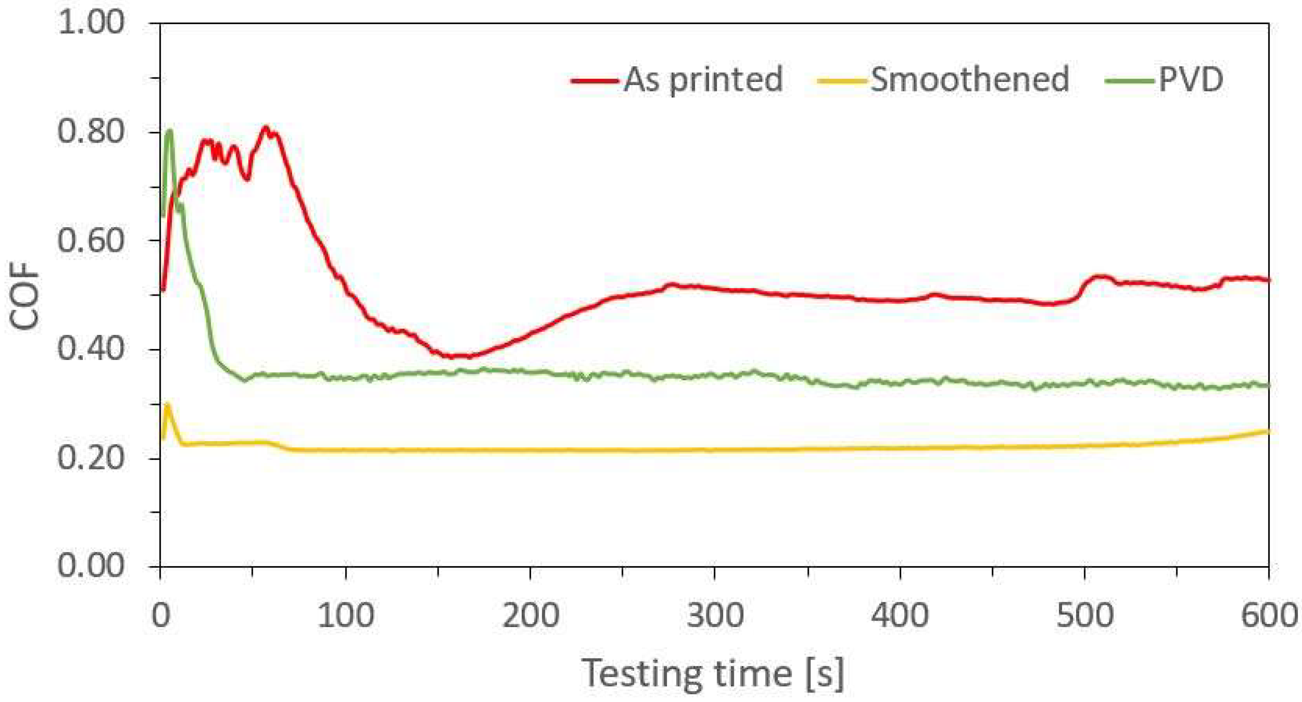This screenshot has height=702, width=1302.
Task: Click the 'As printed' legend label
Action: tap(703, 79)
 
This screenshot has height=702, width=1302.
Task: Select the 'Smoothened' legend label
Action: tap(969, 79)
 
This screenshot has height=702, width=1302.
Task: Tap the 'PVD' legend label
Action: tap(1190, 79)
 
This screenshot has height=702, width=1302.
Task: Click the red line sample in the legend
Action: tap(595, 81)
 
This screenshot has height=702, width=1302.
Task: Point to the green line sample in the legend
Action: tap(1130, 81)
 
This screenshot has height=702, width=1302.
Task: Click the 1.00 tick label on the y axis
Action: tap(91, 23)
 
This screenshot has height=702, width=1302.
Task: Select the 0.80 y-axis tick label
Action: tap(91, 132)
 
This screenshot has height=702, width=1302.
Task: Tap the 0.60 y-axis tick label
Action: tap(91, 240)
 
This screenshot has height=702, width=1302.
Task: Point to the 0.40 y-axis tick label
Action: tap(91, 349)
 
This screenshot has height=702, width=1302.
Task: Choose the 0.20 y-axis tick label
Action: tap(91, 458)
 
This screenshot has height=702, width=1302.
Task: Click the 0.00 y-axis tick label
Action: tap(91, 565)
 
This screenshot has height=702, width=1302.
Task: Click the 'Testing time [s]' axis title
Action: tap(713, 674)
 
